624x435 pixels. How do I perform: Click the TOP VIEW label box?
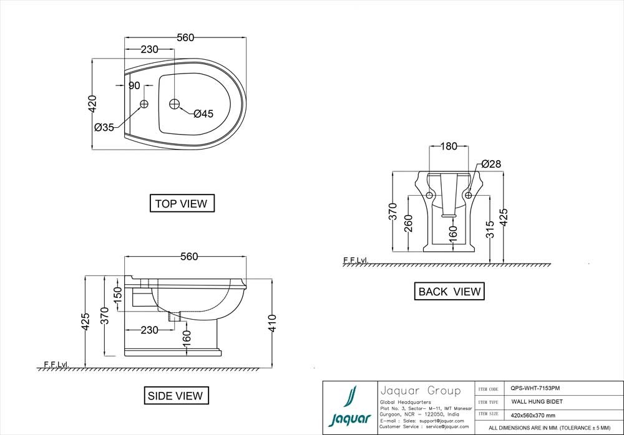pos(182,203)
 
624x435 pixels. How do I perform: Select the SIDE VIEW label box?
pos(175,395)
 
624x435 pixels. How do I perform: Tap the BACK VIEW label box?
pos(449,291)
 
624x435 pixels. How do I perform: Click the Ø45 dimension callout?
pos(203,113)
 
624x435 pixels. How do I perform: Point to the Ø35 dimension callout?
pos(104,127)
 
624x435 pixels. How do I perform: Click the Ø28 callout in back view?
pos(491,164)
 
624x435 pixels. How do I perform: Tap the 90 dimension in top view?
pos(134,86)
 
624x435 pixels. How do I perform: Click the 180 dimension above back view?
pos(449,146)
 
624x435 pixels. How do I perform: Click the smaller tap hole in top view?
pos(144,103)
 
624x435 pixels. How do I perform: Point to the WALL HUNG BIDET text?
pos(537,402)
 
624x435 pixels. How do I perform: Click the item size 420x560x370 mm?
pos(533,415)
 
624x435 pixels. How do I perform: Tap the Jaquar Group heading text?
pos(421,391)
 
